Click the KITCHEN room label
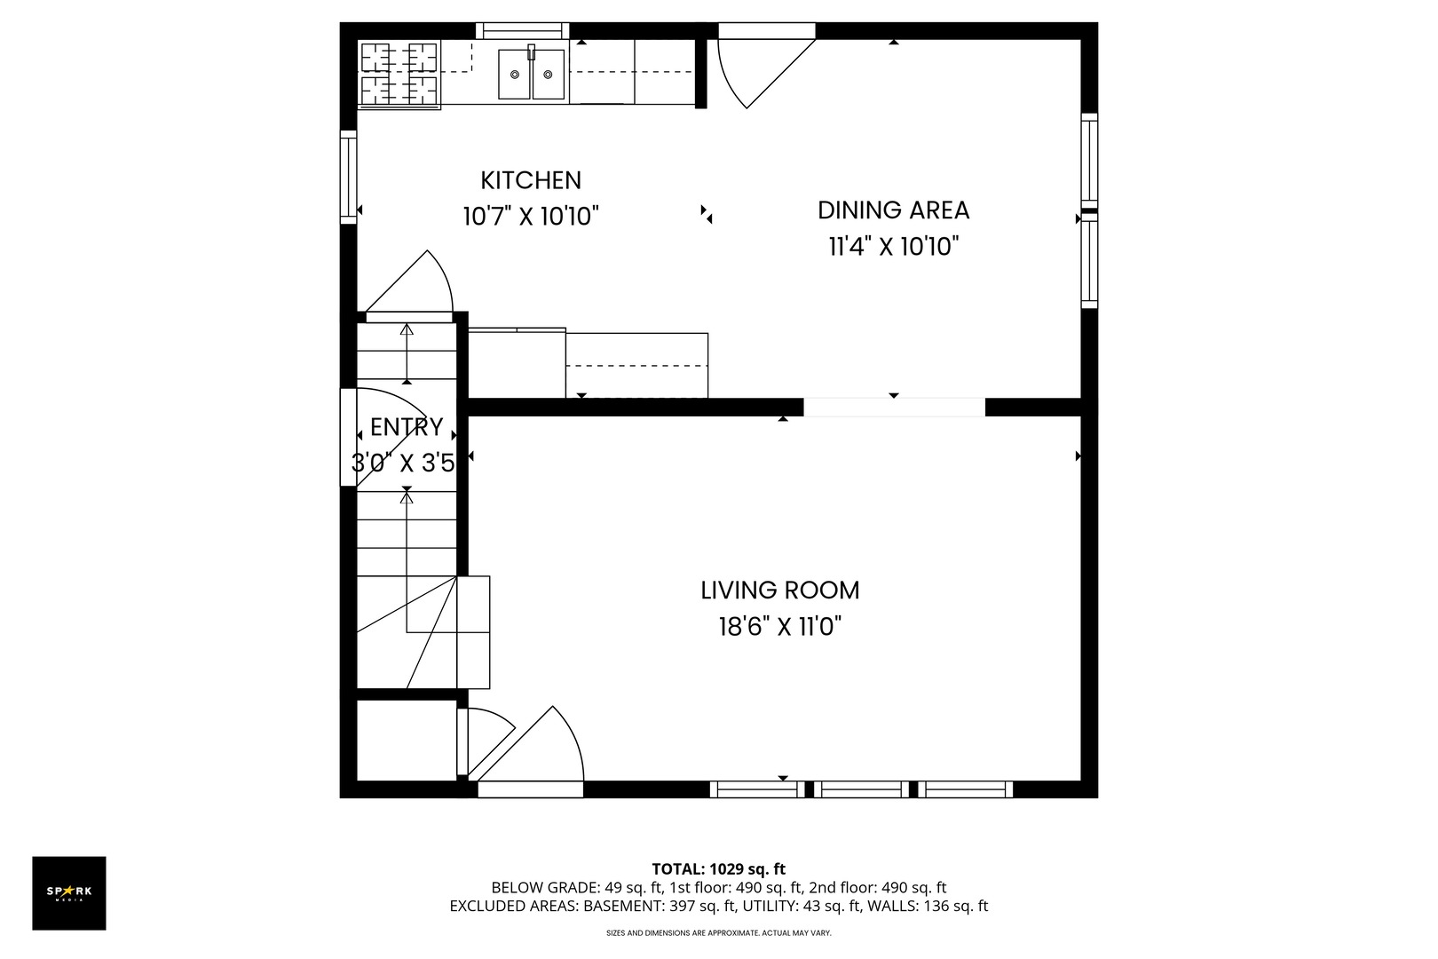[x=531, y=180]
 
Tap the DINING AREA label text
[x=893, y=210]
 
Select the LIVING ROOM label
[x=779, y=590]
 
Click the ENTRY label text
[x=407, y=427]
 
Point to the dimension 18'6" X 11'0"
[x=779, y=627]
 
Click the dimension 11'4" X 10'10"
[x=893, y=247]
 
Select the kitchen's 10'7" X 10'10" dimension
[x=531, y=217]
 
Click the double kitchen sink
[x=531, y=74]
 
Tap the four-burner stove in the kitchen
[x=399, y=74]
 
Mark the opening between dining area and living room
[x=894, y=408]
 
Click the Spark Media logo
[x=69, y=892]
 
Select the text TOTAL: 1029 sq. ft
[x=718, y=869]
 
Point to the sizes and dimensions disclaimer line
[x=718, y=933]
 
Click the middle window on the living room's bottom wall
[x=861, y=789]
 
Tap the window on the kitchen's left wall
[x=349, y=176]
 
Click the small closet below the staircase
[x=407, y=740]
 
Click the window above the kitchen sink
[x=522, y=31]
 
